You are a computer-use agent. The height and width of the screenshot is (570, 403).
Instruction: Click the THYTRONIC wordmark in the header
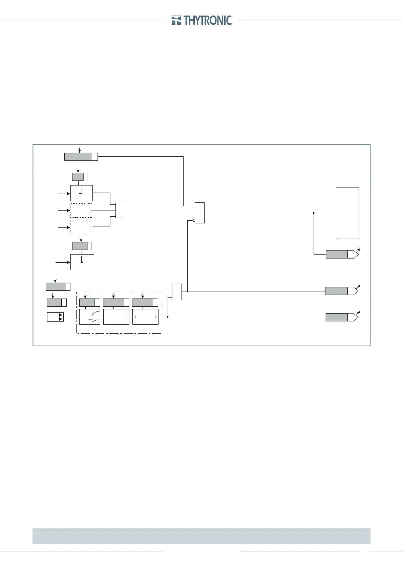pos(208,20)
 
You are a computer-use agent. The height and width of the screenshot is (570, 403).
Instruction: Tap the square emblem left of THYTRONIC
pos(176,20)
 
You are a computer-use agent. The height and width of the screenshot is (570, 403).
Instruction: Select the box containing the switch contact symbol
pos(89,317)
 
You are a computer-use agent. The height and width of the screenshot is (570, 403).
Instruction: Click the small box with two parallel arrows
pos(55,317)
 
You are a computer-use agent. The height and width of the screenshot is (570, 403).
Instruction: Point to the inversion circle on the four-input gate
pos(194,220)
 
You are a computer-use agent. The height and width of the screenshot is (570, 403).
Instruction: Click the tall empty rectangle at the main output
pos(347,213)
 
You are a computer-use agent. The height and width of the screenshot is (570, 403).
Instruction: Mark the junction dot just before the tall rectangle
pos(314,213)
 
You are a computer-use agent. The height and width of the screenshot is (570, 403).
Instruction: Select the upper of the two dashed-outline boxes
pos(81,211)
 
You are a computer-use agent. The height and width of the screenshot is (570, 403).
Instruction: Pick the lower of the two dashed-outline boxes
pos(81,227)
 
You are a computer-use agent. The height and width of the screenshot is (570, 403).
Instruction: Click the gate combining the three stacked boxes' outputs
pos(120,211)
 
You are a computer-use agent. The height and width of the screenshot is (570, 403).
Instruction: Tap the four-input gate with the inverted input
pos(200,213)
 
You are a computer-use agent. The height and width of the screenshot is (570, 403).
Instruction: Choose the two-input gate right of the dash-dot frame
pos(177,291)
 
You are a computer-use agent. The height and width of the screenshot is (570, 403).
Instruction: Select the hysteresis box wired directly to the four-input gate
pos(82,262)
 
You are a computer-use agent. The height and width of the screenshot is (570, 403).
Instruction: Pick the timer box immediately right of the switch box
pos(116,317)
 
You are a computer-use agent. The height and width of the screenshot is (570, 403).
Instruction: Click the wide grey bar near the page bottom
pos(201,536)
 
